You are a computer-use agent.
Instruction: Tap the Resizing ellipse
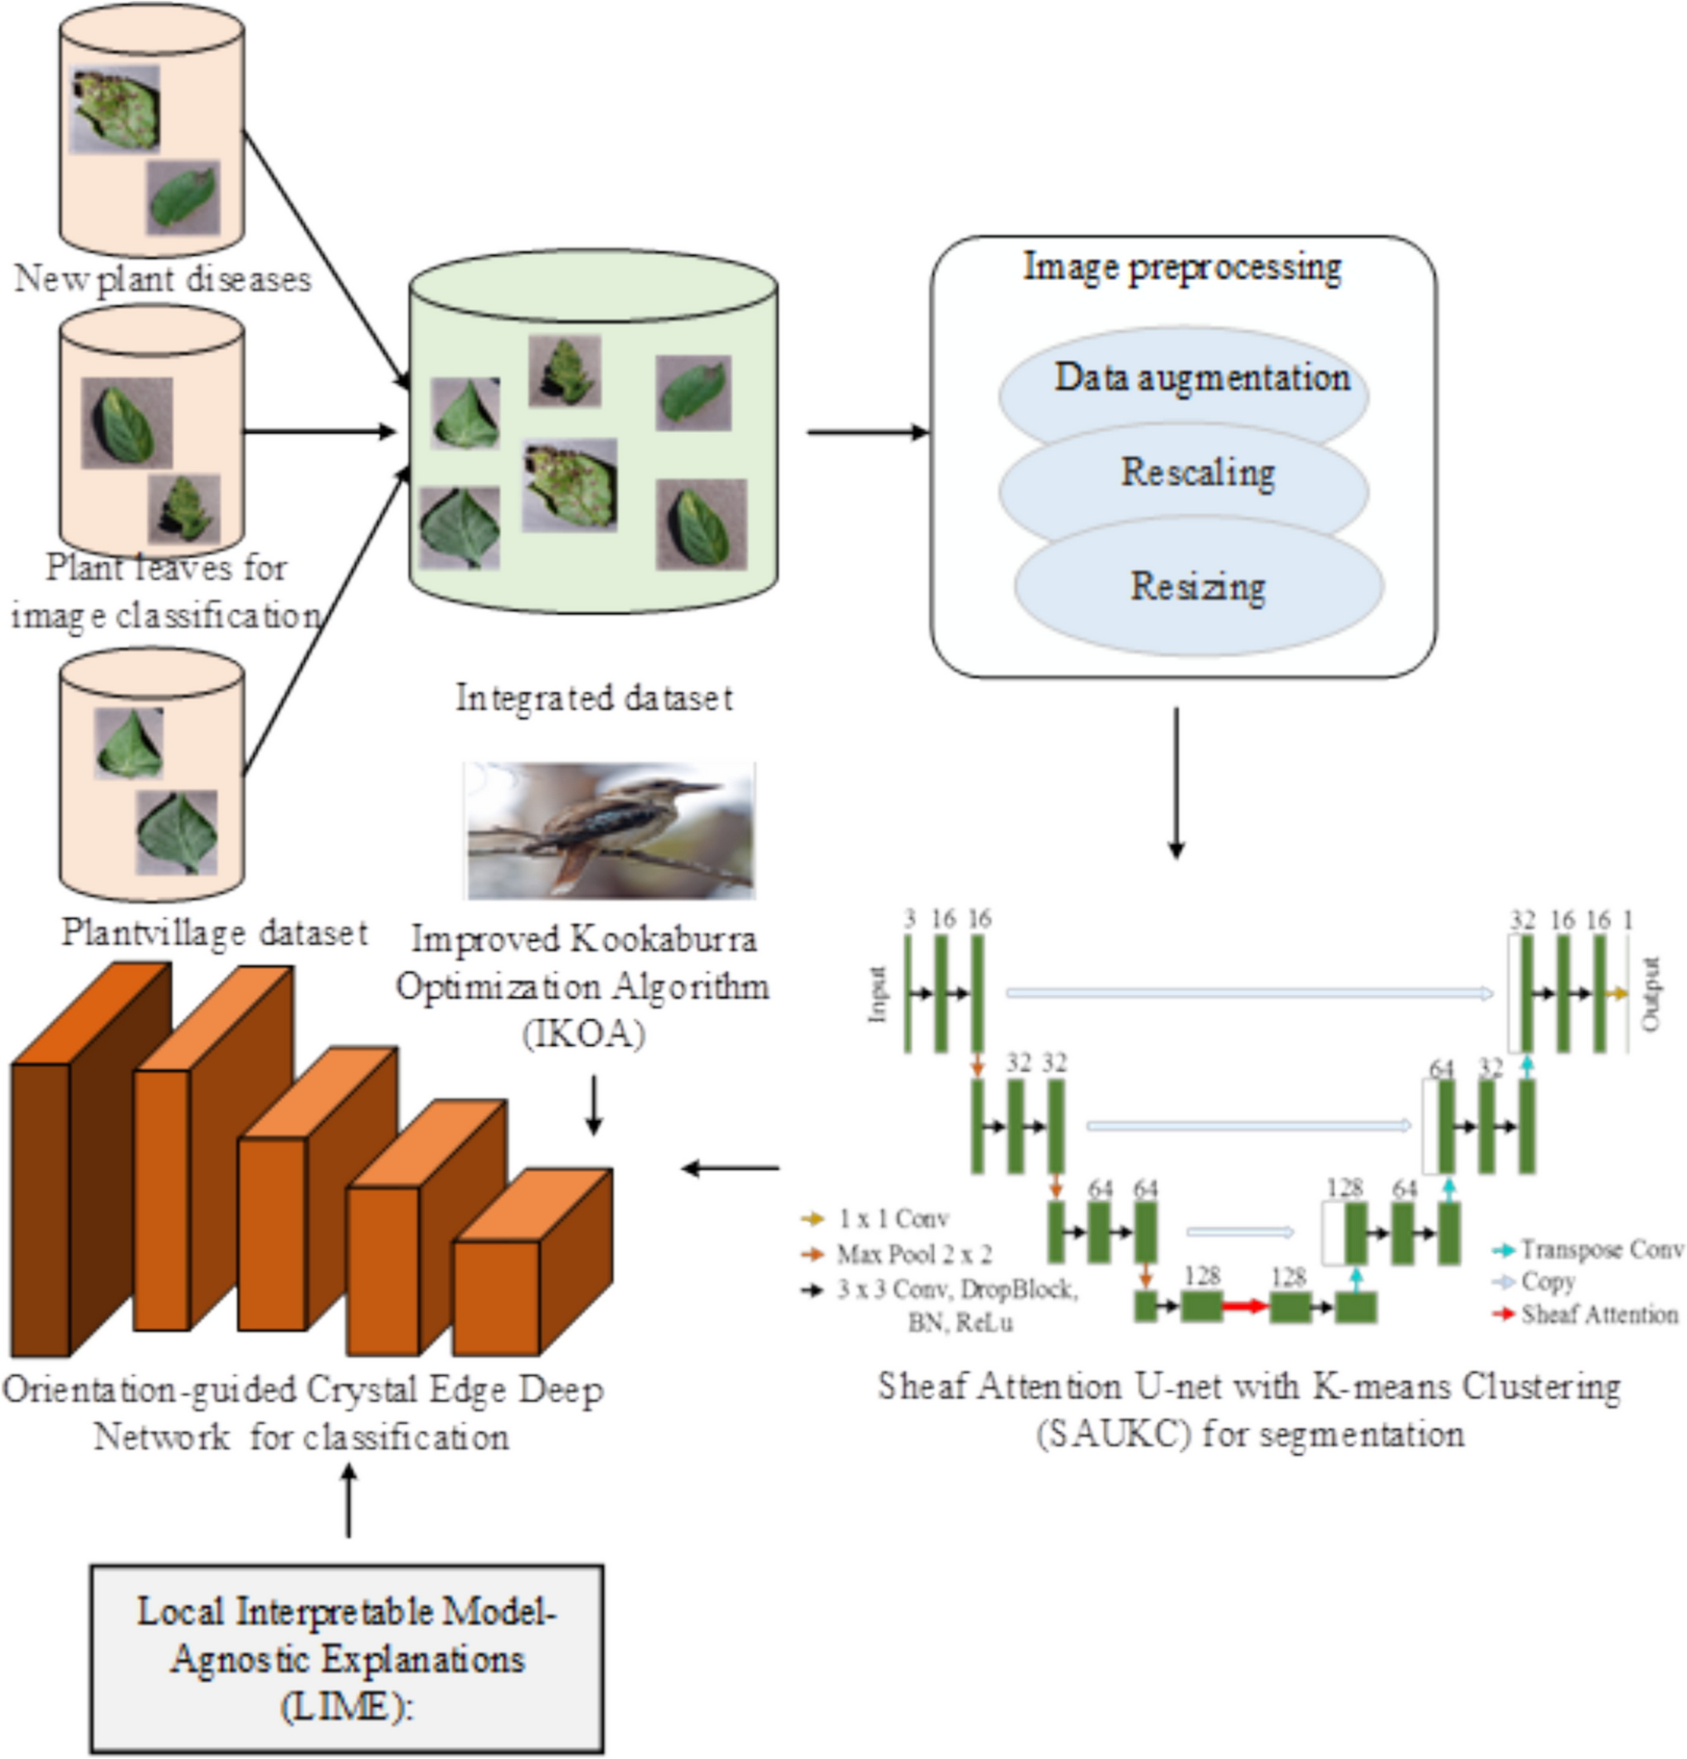[x=1197, y=587]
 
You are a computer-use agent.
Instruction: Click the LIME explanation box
[x=347, y=1659]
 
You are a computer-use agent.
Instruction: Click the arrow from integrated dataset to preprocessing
[x=867, y=431]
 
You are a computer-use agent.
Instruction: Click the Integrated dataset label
[x=593, y=699]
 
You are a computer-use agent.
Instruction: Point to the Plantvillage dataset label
[x=213, y=933]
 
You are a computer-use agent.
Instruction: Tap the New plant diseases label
[x=163, y=279]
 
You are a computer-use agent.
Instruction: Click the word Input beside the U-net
[x=878, y=993]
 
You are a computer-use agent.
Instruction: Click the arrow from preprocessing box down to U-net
[x=1175, y=782]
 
